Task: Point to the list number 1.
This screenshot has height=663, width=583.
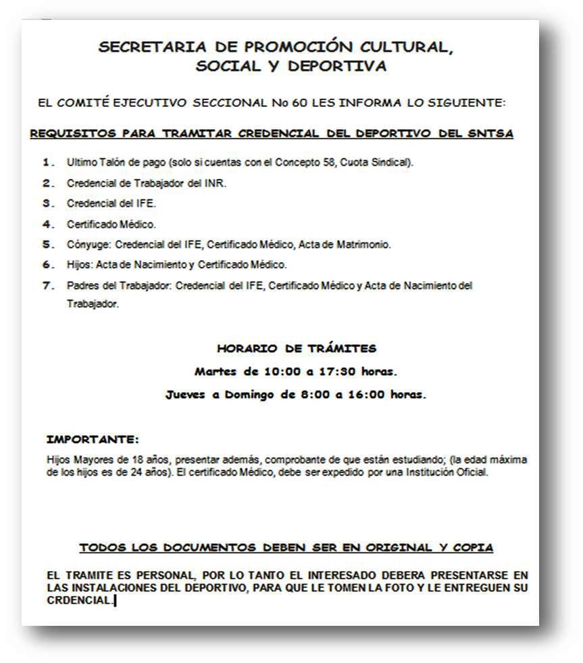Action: [47, 163]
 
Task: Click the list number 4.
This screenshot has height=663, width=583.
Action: [47, 224]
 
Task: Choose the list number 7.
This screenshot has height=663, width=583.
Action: [47, 285]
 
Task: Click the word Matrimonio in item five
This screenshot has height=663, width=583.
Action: [365, 244]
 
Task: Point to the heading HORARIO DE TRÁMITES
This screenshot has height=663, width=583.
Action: [297, 349]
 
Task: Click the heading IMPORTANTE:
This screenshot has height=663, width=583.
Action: [93, 439]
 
